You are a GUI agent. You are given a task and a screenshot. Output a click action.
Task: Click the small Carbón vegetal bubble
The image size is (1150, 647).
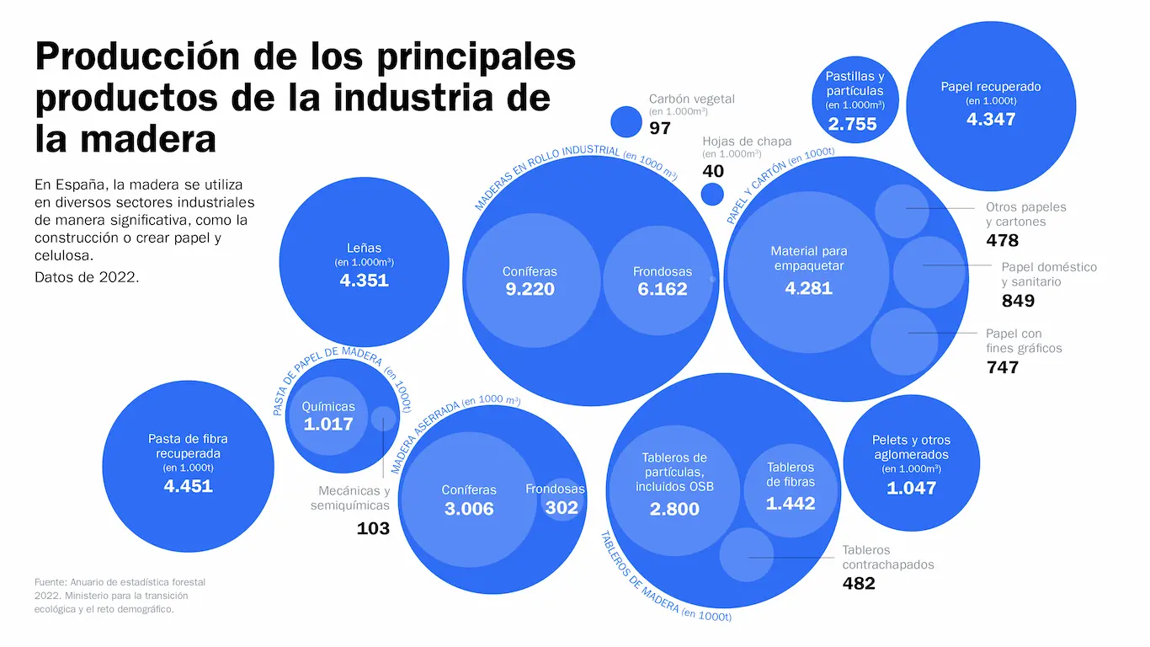626,121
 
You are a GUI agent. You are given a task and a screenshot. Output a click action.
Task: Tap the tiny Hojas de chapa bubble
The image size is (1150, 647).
712,195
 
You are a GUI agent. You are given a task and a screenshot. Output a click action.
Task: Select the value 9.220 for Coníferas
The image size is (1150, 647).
530,289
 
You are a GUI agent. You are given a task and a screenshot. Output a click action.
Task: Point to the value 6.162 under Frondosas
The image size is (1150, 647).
662,289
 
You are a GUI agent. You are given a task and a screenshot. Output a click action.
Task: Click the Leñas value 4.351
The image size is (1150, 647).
364,280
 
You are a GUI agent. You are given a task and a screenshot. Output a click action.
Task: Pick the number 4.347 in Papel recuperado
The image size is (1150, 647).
991,119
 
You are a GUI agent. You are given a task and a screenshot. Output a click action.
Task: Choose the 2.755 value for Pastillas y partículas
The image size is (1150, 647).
852,124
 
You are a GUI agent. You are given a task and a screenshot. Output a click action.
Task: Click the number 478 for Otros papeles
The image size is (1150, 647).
1002,241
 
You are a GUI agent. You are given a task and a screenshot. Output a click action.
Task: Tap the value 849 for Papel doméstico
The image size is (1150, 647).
1018,301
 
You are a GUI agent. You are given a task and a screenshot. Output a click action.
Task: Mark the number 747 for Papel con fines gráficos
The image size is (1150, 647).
1002,367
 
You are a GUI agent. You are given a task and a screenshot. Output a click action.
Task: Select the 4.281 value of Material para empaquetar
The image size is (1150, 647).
808,287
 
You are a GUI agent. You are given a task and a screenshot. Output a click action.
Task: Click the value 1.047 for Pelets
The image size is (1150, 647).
911,487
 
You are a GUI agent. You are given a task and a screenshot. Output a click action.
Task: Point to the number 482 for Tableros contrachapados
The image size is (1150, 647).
859,583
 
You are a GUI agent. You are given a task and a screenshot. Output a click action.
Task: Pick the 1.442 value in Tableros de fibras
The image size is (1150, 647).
790,503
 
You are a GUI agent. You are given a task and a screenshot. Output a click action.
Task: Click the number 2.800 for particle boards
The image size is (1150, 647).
673,509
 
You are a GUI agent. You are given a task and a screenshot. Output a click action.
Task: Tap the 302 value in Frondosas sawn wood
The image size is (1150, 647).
562,507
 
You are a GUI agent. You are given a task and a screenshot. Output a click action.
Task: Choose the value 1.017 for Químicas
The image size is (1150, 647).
328,424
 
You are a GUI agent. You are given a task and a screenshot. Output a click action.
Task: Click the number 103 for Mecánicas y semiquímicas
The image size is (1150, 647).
373,528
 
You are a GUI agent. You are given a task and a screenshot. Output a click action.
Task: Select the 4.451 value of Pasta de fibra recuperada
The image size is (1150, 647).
188,485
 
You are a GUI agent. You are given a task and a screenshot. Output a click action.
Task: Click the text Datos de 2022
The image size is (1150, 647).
87,276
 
